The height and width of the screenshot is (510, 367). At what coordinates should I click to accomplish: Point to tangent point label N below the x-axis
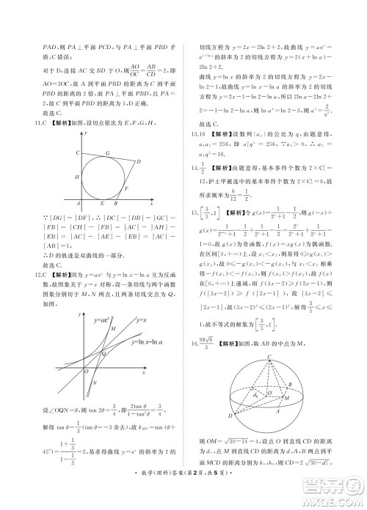[95, 383]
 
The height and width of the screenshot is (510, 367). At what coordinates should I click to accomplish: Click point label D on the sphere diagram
[230, 416]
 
